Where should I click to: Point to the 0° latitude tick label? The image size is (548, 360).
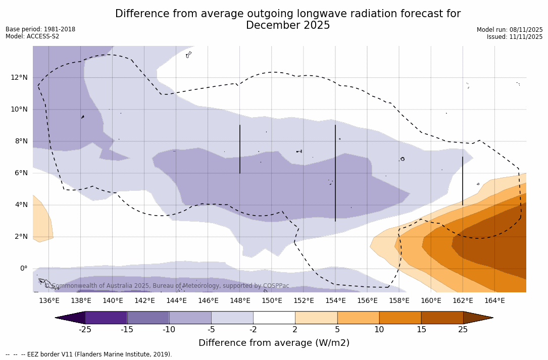coord(23,269)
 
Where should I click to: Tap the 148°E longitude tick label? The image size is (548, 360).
coord(240,301)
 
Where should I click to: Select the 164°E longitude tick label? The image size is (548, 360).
coord(494,301)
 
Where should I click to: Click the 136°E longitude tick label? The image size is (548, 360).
coord(49,301)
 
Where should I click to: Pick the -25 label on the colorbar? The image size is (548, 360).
coord(85,330)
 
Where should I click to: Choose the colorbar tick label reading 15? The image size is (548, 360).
coord(421,330)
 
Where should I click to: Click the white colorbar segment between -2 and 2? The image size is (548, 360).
coord(274,318)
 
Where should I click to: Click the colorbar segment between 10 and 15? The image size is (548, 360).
coord(400,318)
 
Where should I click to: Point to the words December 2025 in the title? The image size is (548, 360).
coord(288,25)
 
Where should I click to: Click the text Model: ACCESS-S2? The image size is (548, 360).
coord(32,36)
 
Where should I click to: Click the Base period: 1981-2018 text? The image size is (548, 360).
coord(40,29)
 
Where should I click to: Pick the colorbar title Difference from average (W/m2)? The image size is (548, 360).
coord(274,343)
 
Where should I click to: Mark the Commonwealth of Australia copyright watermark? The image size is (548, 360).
coord(167,286)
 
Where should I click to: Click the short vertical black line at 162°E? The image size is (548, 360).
coord(462,181)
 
